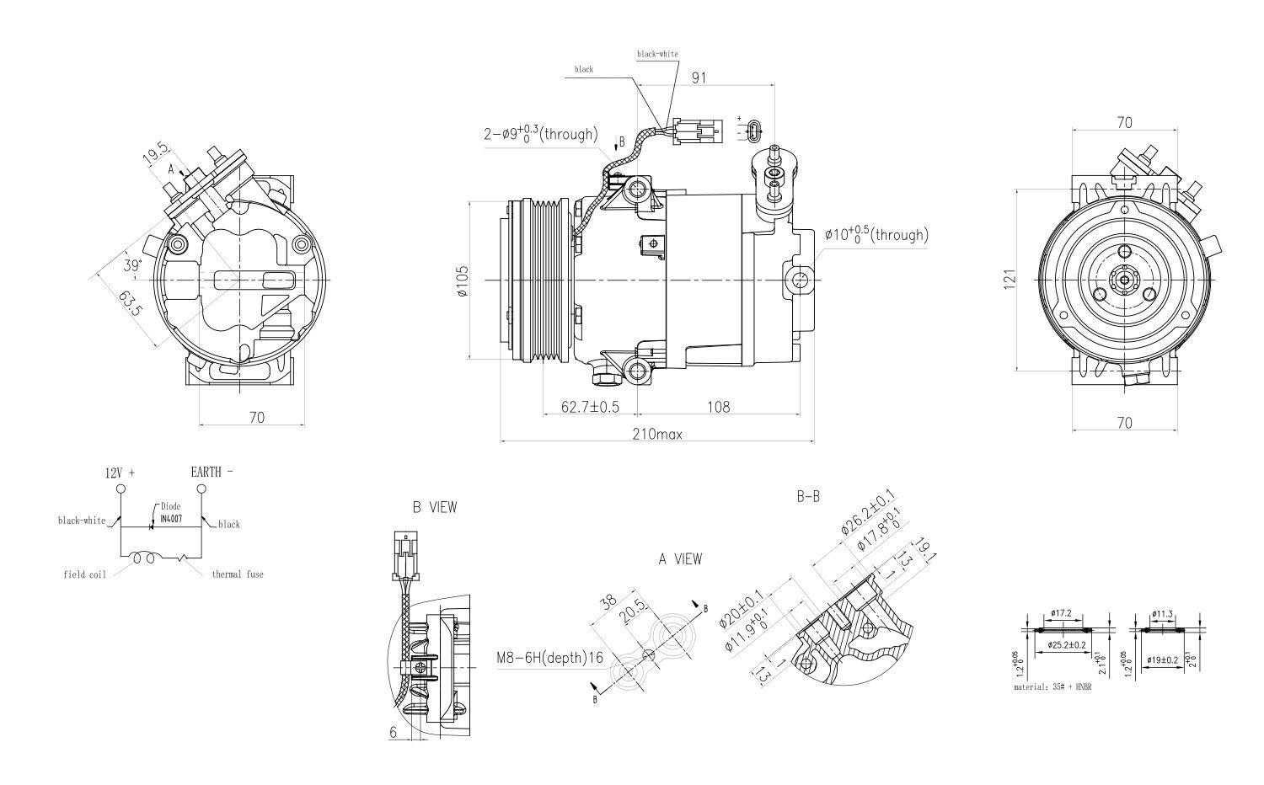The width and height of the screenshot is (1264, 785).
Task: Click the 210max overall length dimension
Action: (657, 435)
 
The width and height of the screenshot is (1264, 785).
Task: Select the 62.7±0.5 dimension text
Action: (591, 407)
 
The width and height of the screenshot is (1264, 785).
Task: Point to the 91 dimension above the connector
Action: (699, 77)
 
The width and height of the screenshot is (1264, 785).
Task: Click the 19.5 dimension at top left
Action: (154, 155)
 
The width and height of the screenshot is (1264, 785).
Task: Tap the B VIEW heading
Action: (435, 507)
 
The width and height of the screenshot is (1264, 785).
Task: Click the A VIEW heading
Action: (680, 559)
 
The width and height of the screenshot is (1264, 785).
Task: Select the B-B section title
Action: (808, 497)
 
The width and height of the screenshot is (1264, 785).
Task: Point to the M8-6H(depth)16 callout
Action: (549, 658)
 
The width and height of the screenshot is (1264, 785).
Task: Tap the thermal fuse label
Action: (238, 574)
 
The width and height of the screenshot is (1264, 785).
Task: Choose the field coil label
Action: (84, 574)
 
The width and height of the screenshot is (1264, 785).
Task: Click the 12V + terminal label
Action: (121, 473)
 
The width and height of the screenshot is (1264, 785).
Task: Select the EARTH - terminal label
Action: (212, 472)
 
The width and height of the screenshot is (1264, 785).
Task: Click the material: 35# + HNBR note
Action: (1052, 687)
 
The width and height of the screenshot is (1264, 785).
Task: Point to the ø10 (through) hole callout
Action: (876, 235)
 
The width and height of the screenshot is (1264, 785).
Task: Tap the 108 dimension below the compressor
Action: (717, 407)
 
